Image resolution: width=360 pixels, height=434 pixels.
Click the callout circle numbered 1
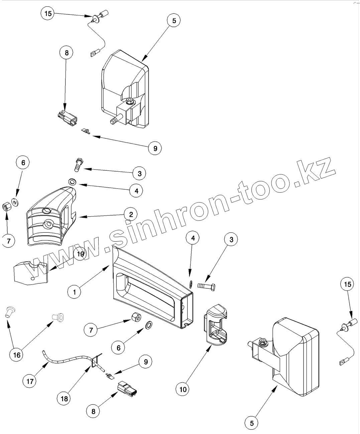[74, 291]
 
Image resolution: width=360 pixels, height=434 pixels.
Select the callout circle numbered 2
[131, 214]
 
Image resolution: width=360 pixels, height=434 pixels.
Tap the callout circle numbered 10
[183, 389]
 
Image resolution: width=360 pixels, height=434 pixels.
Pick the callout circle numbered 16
[17, 355]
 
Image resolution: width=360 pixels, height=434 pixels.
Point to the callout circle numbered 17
[30, 381]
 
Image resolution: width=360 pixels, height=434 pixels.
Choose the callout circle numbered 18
[64, 398]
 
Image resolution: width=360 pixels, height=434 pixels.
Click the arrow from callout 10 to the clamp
[197, 366]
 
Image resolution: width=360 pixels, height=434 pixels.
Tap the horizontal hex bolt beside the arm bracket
[206, 286]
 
